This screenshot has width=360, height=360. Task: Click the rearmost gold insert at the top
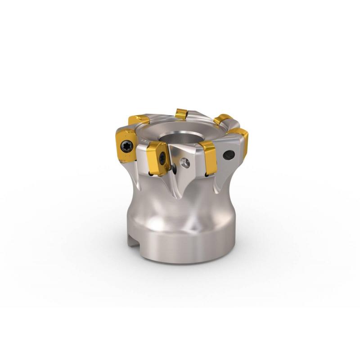point(182,113)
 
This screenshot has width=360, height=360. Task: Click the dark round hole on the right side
point(229,155)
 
